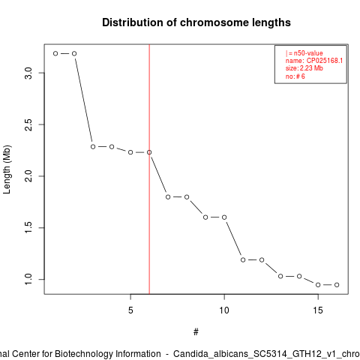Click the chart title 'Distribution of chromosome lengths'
tap(196, 22)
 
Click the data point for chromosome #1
tap(55, 53)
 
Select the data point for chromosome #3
tap(93, 147)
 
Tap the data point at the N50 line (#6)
tap(149, 152)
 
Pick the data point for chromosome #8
tap(187, 197)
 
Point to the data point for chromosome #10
tap(224, 217)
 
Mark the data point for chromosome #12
tap(262, 260)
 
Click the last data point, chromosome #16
tap(337, 285)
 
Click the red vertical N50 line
tap(149, 169)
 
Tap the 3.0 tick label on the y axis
tap(28, 73)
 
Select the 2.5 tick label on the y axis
tap(28, 124)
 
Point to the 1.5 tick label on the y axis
tap(28, 228)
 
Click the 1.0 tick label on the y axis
tap(28, 279)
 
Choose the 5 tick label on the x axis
tap(130, 310)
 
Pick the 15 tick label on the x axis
tap(318, 310)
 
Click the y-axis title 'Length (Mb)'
tap(7, 169)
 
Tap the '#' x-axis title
tap(196, 332)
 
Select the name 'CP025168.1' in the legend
tap(325, 61)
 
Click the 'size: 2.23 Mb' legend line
tap(304, 68)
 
